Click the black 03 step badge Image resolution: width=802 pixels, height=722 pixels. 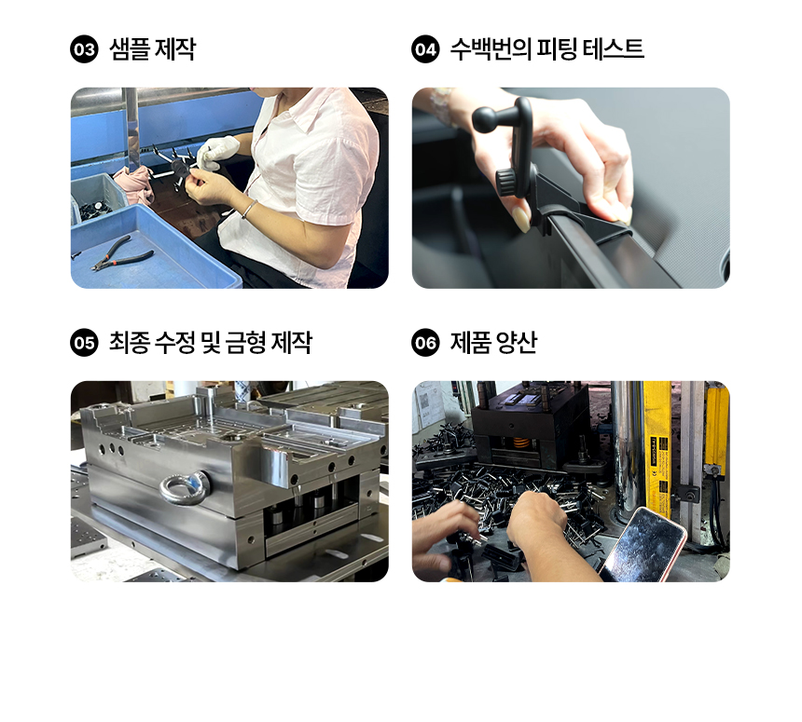pos(84,49)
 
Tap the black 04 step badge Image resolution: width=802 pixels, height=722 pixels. pos(425,49)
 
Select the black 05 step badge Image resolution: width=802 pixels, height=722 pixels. pos(84,342)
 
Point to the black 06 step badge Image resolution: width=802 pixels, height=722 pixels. pos(425,342)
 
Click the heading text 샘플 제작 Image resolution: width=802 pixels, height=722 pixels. pos(152,49)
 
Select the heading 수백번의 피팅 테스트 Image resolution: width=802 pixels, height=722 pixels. pos(546,49)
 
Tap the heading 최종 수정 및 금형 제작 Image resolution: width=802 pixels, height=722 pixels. pos(210,342)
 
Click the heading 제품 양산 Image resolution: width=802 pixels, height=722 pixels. pos(493,342)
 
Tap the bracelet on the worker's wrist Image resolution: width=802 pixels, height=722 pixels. pos(249,209)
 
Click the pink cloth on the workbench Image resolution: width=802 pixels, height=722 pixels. pos(134,183)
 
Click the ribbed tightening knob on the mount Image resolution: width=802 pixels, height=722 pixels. pos(506,182)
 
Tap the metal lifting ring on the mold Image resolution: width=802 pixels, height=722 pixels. pos(185,487)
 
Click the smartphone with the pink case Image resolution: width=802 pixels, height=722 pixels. pos(644,545)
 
